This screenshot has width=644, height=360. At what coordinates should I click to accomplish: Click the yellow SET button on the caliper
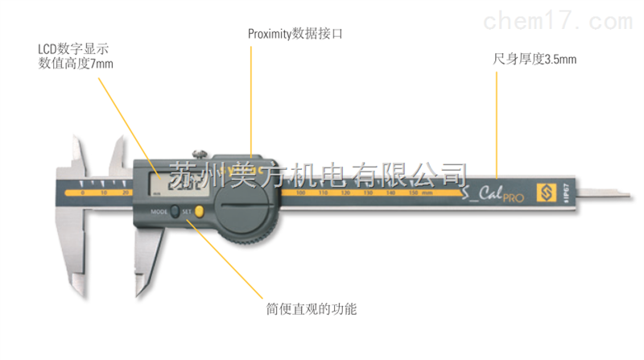[x=198, y=212]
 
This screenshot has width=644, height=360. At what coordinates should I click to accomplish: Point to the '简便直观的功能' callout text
[x=299, y=308]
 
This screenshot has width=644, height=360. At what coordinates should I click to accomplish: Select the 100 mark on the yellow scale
[x=300, y=194]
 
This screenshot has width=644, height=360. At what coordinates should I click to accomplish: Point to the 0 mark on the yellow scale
[x=82, y=194]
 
